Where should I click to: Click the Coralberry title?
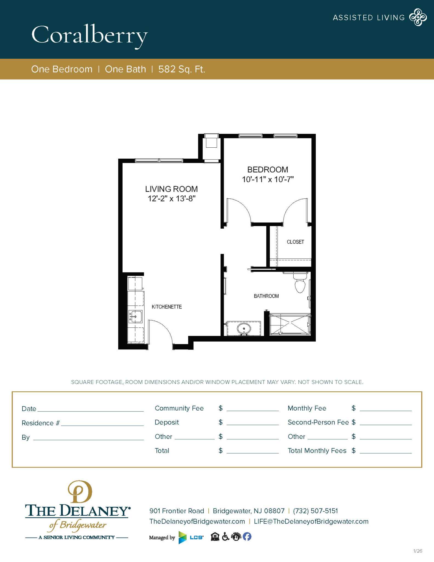(x=89, y=35)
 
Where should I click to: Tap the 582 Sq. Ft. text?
(x=181, y=69)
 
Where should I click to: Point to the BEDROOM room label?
(x=268, y=170)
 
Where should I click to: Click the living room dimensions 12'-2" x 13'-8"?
(x=172, y=198)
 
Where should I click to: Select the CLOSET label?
(x=295, y=242)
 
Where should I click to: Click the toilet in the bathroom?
(x=300, y=284)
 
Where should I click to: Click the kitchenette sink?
(x=135, y=316)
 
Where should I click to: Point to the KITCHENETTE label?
(x=167, y=307)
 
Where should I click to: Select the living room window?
(x=159, y=161)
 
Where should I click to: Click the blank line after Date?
(x=90, y=409)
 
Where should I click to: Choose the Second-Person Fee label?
(x=318, y=422)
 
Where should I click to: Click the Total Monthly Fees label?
(x=317, y=451)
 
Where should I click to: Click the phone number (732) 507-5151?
(x=315, y=511)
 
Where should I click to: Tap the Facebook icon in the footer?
(x=247, y=536)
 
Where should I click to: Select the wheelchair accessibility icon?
(x=225, y=536)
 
